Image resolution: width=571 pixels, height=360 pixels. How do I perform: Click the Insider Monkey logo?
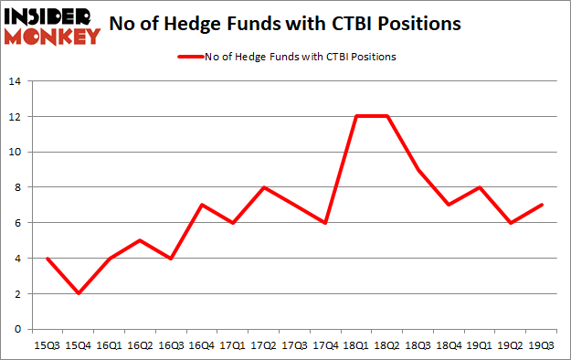point(51,25)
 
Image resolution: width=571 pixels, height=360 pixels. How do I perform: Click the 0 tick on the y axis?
point(17,329)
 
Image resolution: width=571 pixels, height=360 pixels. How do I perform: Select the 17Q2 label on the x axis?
point(264,345)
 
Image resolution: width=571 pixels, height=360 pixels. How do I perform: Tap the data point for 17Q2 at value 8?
point(264,187)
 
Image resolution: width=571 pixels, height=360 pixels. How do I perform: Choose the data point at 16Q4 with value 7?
point(202,205)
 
